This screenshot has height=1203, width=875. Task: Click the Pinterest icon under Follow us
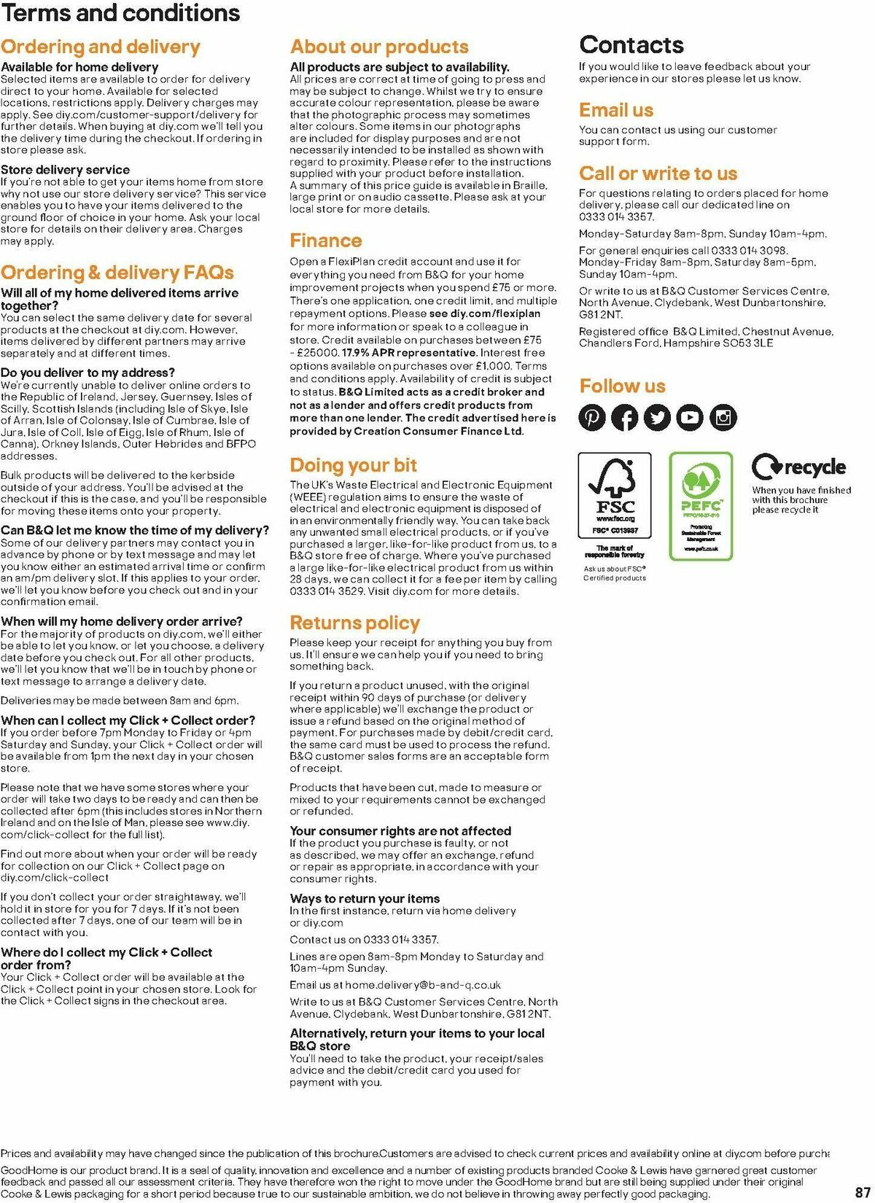click(x=592, y=418)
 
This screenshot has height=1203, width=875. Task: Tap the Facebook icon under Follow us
click(x=625, y=418)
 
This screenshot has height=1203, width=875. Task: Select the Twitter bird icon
click(x=658, y=418)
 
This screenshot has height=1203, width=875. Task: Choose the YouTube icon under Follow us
click(x=691, y=418)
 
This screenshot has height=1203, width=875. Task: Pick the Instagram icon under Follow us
click(x=723, y=418)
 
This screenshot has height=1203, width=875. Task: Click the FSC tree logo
click(x=615, y=495)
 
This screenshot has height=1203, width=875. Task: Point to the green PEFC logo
click(x=701, y=505)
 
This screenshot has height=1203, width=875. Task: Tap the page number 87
click(x=863, y=1192)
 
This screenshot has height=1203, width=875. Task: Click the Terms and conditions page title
click(x=120, y=13)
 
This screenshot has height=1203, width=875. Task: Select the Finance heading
click(x=326, y=241)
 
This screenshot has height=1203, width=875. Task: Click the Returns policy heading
click(x=354, y=623)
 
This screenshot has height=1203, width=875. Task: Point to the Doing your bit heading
click(x=354, y=465)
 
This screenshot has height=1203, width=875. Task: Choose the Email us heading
click(x=616, y=110)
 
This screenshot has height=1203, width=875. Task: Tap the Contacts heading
click(x=631, y=45)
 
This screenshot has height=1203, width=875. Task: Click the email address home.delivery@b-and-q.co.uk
click(x=423, y=985)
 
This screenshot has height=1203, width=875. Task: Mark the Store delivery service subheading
click(x=65, y=170)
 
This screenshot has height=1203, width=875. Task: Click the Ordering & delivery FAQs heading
click(x=117, y=273)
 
